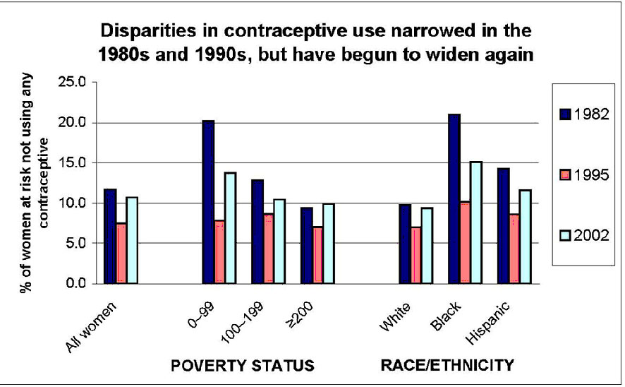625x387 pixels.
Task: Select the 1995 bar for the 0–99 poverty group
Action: pos(219,251)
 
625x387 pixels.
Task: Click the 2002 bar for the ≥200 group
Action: pos(328,244)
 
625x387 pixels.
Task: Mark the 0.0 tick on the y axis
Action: pos(74,284)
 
